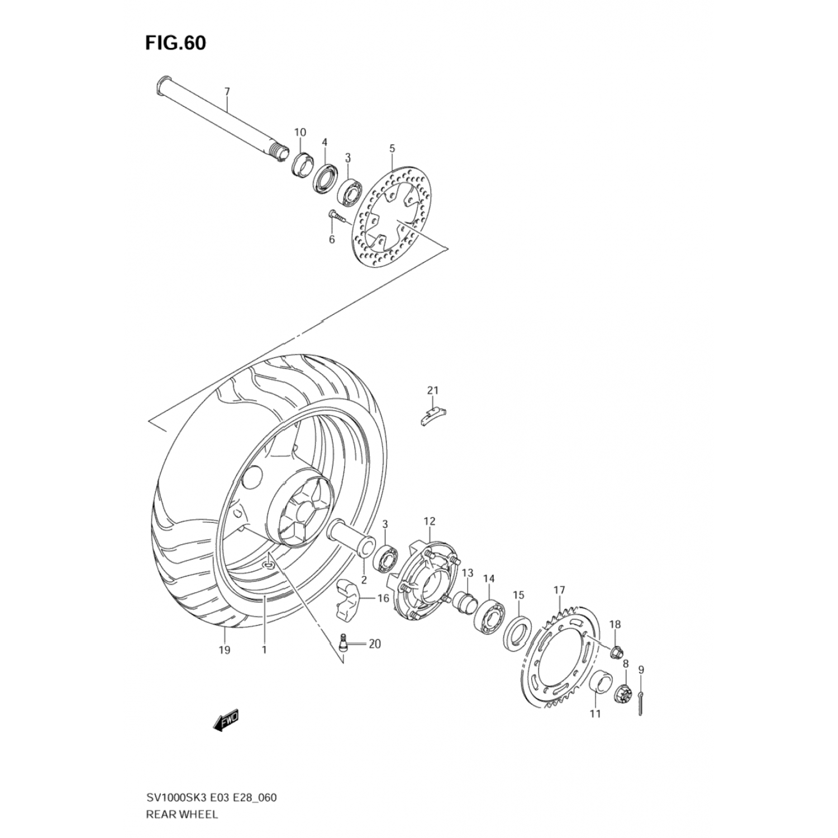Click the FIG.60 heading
point(176,43)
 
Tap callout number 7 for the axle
point(227,91)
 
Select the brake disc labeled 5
point(393,218)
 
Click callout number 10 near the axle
point(300,132)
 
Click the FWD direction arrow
point(227,721)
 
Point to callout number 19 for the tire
point(225,650)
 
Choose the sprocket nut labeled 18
point(617,651)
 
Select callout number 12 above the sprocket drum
point(429,521)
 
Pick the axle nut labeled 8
point(624,694)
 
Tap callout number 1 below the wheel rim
point(264,650)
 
